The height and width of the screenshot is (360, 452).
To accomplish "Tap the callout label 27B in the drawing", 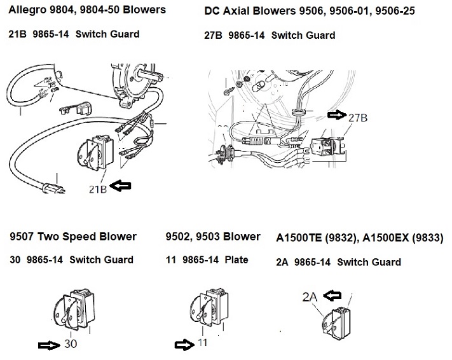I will tap(357, 116).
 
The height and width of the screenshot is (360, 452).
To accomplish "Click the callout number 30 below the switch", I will tap(72, 345).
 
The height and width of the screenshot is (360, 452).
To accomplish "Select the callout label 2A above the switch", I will tap(310, 296).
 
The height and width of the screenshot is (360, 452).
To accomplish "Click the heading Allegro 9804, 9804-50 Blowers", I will tap(87, 10).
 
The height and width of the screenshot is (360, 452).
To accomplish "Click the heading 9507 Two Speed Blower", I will tap(73, 237).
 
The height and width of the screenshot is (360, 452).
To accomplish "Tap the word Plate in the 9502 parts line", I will tap(236, 260).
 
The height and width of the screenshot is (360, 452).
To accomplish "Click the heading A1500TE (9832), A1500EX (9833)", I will tap(360, 238).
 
